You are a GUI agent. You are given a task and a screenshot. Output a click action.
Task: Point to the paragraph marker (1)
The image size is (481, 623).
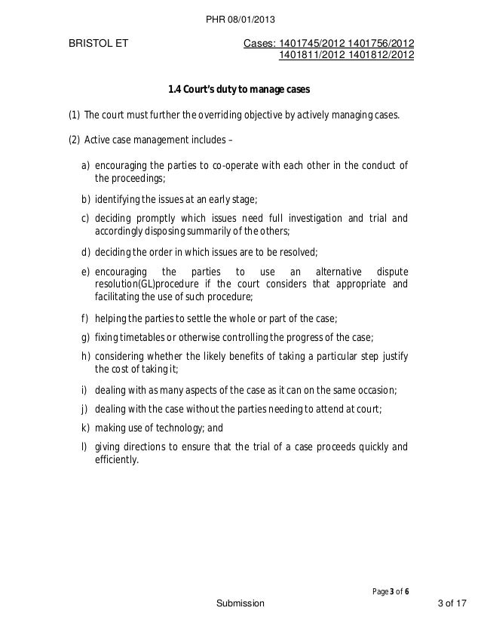[74, 116]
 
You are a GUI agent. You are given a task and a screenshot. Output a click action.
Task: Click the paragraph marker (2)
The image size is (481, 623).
[74, 140]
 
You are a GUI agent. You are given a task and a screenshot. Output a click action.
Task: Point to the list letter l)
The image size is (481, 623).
[84, 446]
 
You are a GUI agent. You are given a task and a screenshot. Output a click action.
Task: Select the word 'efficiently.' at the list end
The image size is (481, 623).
[117, 459]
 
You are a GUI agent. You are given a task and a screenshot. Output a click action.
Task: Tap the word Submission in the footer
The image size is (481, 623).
[240, 604]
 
